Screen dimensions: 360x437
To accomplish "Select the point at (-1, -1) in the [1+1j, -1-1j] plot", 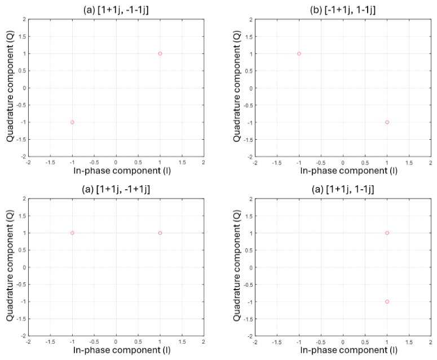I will point(72,122).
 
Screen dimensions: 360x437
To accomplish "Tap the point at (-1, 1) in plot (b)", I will point(299,54).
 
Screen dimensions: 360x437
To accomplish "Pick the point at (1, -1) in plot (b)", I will point(387,122).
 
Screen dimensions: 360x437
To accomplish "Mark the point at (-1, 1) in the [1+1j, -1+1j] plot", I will point(72,233).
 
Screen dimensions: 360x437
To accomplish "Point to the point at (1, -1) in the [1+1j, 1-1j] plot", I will point(387,301).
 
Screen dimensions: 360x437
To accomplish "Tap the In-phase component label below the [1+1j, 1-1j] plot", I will point(343,350).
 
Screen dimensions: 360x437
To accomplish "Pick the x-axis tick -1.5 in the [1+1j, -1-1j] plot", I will point(50,162).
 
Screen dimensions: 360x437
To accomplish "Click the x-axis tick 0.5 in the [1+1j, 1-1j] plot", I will point(365,341).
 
